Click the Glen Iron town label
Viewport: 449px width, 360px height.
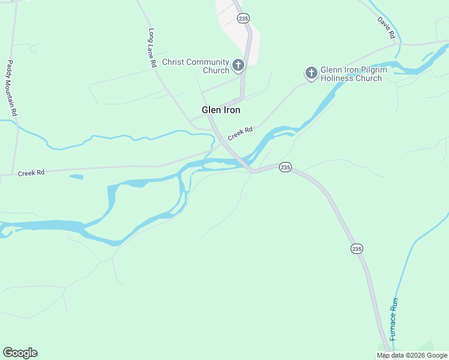tap(221, 110)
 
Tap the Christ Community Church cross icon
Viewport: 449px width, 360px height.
tap(238, 65)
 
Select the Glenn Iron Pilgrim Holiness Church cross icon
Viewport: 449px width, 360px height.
tap(311, 73)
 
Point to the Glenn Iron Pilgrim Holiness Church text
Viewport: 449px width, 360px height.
tap(351, 74)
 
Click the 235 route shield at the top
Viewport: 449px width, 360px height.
tap(243, 19)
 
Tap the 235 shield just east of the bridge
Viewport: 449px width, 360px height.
tap(285, 167)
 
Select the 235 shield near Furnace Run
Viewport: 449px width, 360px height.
tap(357, 248)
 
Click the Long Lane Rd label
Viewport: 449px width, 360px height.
tap(152, 47)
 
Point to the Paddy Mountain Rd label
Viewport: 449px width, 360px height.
tap(12, 88)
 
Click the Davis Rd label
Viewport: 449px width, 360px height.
tap(386, 28)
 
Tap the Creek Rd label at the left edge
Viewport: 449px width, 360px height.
tap(31, 173)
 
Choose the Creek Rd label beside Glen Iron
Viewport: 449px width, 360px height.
tap(240, 133)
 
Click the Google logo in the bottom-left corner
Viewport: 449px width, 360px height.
tap(20, 353)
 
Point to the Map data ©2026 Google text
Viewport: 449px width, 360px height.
tap(412, 355)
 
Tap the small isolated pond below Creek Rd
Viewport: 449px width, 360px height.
tap(76, 176)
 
